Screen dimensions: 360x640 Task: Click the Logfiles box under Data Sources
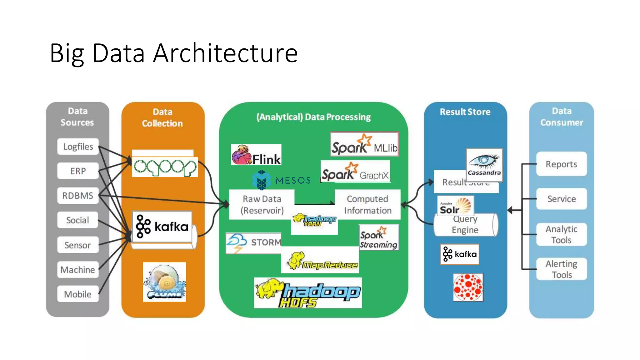click(x=78, y=146)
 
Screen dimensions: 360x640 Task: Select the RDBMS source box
click(x=78, y=196)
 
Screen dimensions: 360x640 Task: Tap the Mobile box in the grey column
click(x=78, y=294)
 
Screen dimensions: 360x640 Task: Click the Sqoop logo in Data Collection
click(x=165, y=167)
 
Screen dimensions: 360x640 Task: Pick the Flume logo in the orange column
click(x=164, y=282)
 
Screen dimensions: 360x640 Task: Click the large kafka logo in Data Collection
click(x=162, y=227)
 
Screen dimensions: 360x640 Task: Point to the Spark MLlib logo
click(x=364, y=144)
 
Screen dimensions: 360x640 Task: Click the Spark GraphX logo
click(x=355, y=172)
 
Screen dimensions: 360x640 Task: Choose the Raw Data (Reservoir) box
click(x=262, y=204)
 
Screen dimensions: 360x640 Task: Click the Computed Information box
click(x=367, y=204)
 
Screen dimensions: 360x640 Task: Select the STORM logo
click(x=253, y=243)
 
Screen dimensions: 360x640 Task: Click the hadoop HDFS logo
click(x=307, y=293)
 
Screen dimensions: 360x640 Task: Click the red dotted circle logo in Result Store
click(x=468, y=287)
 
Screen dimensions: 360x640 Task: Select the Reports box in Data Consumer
click(x=561, y=164)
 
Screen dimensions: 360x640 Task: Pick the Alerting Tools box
click(x=561, y=269)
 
